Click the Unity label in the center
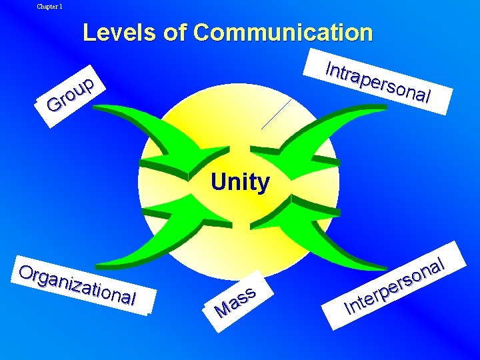240,182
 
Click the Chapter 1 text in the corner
49,7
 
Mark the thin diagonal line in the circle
276,113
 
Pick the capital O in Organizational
27,273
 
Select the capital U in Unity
218,182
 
